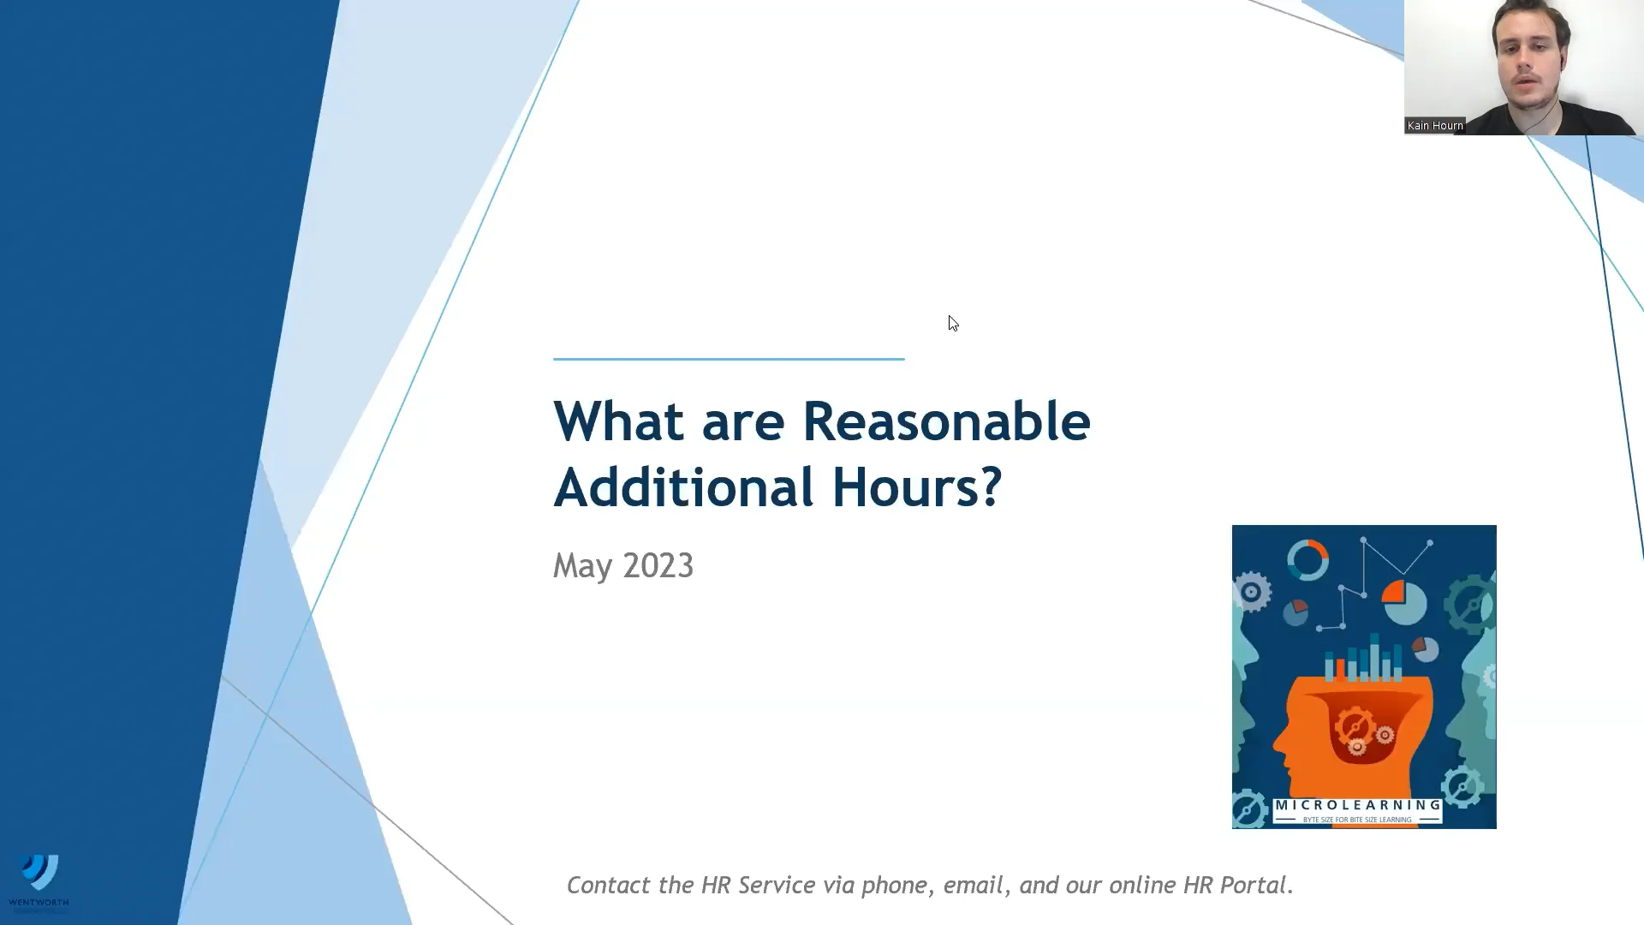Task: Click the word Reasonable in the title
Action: tap(945, 421)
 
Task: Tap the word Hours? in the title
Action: tap(916, 487)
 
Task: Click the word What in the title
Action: tap(618, 421)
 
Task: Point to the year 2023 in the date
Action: tap(658, 565)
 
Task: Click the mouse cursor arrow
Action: tap(952, 322)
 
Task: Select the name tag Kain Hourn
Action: tap(1435, 126)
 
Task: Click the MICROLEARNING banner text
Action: tap(1358, 805)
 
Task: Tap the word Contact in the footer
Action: tap(609, 885)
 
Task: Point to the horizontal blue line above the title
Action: tap(729, 359)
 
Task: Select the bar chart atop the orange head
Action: tap(1364, 659)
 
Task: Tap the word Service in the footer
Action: tap(776, 885)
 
